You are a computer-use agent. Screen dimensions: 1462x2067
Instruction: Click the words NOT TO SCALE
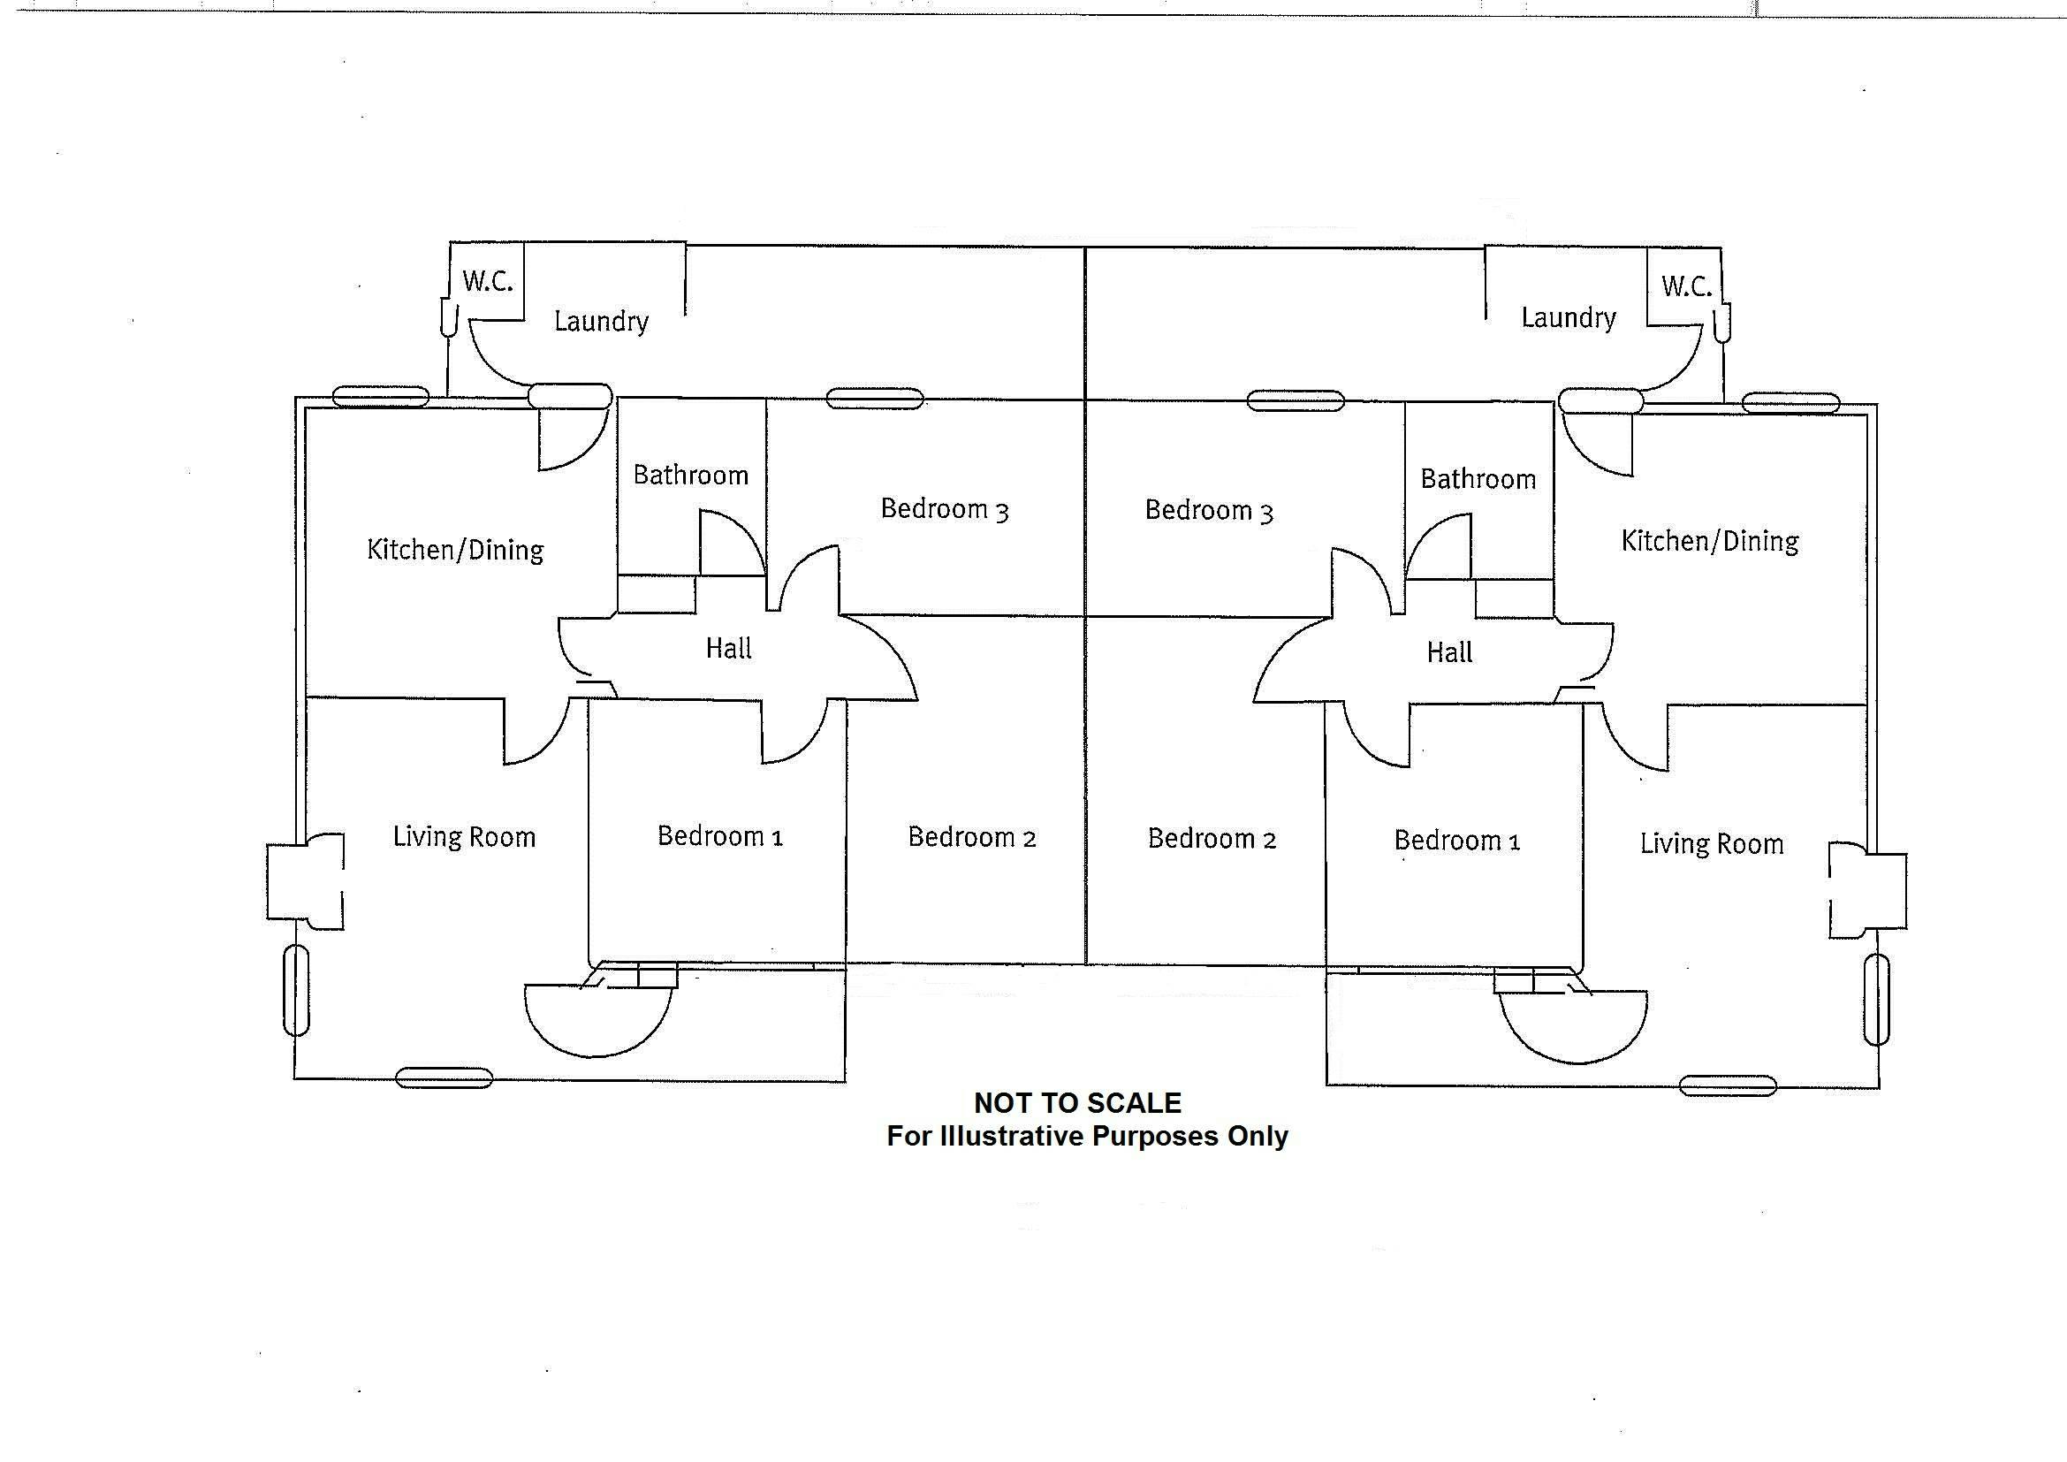1076,1103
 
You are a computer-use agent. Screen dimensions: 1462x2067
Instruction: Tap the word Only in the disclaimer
1258,1136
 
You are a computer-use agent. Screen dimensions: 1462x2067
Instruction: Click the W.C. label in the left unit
487,281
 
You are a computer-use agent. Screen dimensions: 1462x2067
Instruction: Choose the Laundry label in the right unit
1569,318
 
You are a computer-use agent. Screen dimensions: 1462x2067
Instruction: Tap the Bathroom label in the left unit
690,475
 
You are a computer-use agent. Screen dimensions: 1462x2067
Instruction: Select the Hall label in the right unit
1448,651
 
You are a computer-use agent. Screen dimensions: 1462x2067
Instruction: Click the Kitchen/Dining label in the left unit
454,550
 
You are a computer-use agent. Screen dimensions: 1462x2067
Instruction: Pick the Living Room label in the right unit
1711,844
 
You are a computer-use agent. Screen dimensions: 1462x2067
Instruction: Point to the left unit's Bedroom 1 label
719,836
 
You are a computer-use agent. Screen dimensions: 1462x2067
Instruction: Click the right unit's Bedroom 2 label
1211,839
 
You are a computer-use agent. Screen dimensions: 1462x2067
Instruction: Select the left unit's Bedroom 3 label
944,509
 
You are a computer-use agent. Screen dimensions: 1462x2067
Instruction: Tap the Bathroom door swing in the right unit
1440,547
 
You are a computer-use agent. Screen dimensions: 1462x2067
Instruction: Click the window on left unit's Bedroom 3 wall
874,398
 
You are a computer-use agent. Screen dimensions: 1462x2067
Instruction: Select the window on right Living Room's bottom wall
1728,1085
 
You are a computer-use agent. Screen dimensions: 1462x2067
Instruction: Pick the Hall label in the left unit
728,648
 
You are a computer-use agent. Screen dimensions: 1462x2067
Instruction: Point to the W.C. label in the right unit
1685,286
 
